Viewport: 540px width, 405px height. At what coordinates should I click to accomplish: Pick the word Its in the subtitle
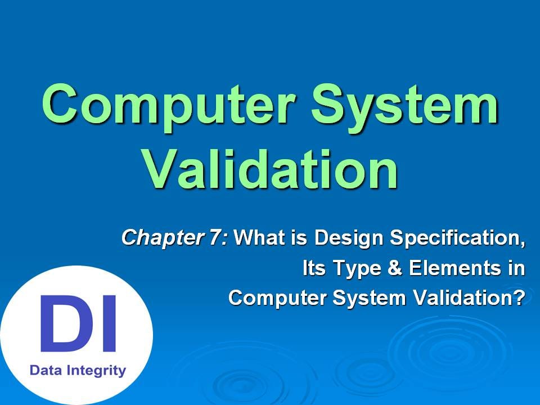pyautogui.click(x=313, y=268)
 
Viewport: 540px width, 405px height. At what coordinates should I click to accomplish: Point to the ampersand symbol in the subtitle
pyautogui.click(x=392, y=268)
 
